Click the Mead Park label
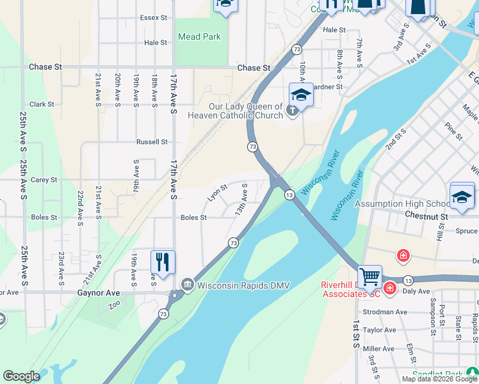tap(199, 36)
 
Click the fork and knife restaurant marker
tap(163, 262)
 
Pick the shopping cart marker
tap(369, 276)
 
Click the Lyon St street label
tap(217, 193)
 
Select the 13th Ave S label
tap(241, 199)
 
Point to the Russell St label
tap(152, 141)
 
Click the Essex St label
tap(153, 18)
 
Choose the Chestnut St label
tap(426, 216)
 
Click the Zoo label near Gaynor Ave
tap(115, 306)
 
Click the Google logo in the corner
tap(21, 376)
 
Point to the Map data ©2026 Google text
tap(440, 379)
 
